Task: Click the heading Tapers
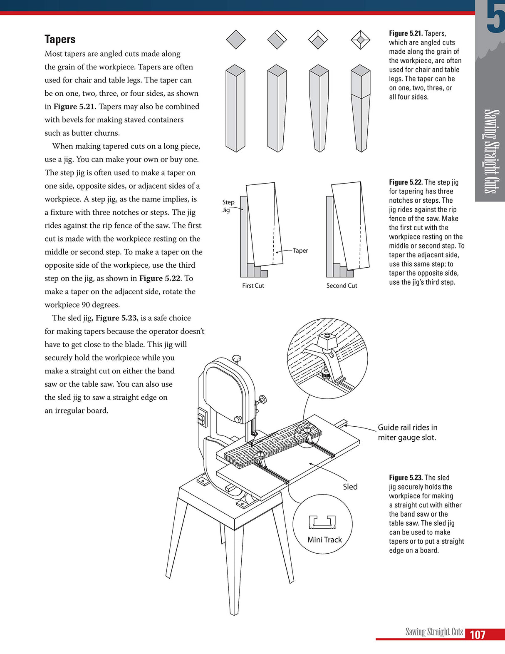(60, 39)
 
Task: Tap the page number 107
(477, 634)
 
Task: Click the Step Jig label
(228, 206)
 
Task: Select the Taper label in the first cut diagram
(300, 251)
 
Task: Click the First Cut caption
(253, 286)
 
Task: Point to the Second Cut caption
(342, 286)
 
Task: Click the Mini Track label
(324, 540)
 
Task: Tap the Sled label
(350, 487)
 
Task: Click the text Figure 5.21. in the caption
(406, 33)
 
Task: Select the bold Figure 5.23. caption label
(406, 477)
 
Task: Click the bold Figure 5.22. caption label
(406, 182)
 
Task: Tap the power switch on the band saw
(202, 417)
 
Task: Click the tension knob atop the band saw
(237, 358)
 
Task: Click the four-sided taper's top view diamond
(360, 40)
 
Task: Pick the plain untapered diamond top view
(236, 40)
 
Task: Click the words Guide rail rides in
(407, 428)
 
